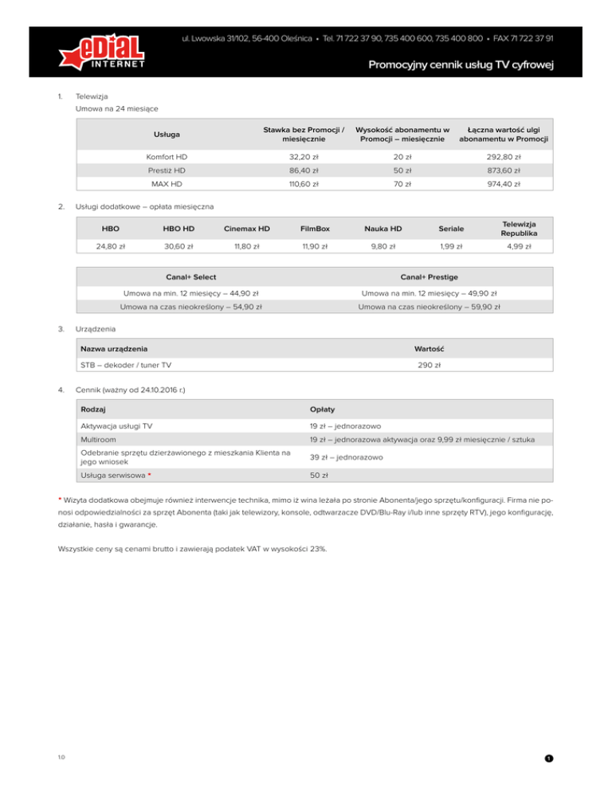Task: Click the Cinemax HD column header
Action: point(245,229)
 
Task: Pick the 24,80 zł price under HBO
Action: point(110,247)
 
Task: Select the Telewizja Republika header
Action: point(517,229)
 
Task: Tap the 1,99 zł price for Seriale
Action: point(450,247)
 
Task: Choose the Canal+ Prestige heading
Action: point(429,277)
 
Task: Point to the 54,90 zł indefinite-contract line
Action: point(191,306)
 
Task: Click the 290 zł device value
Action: point(429,366)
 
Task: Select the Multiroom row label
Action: point(100,440)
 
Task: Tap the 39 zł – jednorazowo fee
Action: point(347,457)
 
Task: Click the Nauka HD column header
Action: point(383,229)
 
